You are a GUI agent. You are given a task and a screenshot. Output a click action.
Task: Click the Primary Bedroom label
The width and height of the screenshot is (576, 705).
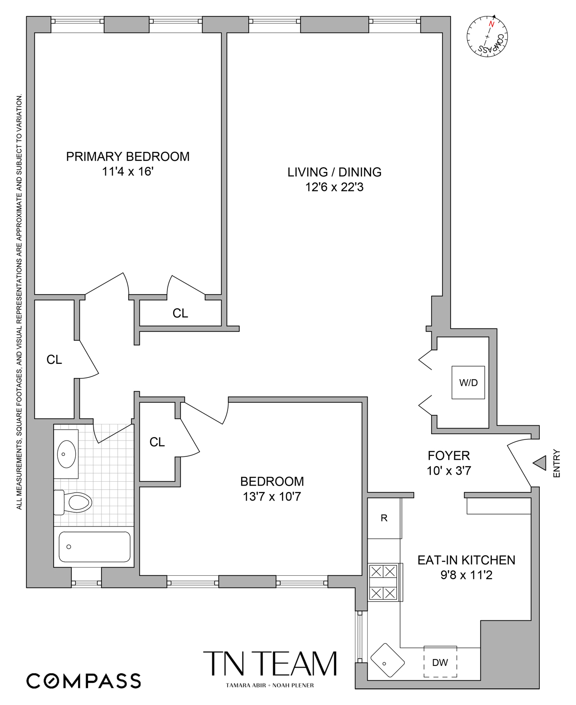[127, 157]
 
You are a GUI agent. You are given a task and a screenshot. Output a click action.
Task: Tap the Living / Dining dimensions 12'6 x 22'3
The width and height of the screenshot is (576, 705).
[334, 187]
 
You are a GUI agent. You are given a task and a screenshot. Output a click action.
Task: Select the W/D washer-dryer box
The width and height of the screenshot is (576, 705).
[468, 383]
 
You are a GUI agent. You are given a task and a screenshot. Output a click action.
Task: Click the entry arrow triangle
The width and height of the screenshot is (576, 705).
[540, 463]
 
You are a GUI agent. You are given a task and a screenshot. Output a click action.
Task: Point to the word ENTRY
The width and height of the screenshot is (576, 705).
[557, 463]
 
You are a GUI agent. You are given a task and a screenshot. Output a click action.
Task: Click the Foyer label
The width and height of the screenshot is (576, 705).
[449, 455]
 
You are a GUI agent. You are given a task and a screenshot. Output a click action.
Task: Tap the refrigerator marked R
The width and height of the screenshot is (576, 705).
[384, 518]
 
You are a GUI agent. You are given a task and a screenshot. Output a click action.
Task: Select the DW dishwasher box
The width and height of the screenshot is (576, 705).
[440, 662]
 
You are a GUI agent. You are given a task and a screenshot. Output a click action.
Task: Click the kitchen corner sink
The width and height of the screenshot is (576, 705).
[387, 660]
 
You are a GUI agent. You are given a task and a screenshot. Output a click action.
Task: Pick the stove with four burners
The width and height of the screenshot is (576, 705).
[383, 582]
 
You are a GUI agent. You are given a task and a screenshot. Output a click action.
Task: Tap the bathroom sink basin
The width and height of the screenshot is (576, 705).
[66, 454]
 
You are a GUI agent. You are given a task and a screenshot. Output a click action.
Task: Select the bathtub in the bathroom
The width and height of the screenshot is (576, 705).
[95, 547]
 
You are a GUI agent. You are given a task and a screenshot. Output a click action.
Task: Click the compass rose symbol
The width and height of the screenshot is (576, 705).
[487, 37]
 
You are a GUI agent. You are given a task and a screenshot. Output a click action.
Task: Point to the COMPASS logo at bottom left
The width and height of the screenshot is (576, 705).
[84, 681]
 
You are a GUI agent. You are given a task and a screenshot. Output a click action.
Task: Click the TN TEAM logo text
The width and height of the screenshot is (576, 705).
[270, 664]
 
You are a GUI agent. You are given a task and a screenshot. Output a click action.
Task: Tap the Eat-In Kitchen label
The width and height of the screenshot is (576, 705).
[466, 560]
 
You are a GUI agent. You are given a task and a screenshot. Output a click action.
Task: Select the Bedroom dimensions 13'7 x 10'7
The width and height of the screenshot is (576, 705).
[272, 496]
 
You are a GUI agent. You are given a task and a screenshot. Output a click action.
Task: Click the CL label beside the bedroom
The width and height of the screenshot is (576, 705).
[157, 442]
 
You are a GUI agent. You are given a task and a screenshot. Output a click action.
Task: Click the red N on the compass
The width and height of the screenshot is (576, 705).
[492, 24]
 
